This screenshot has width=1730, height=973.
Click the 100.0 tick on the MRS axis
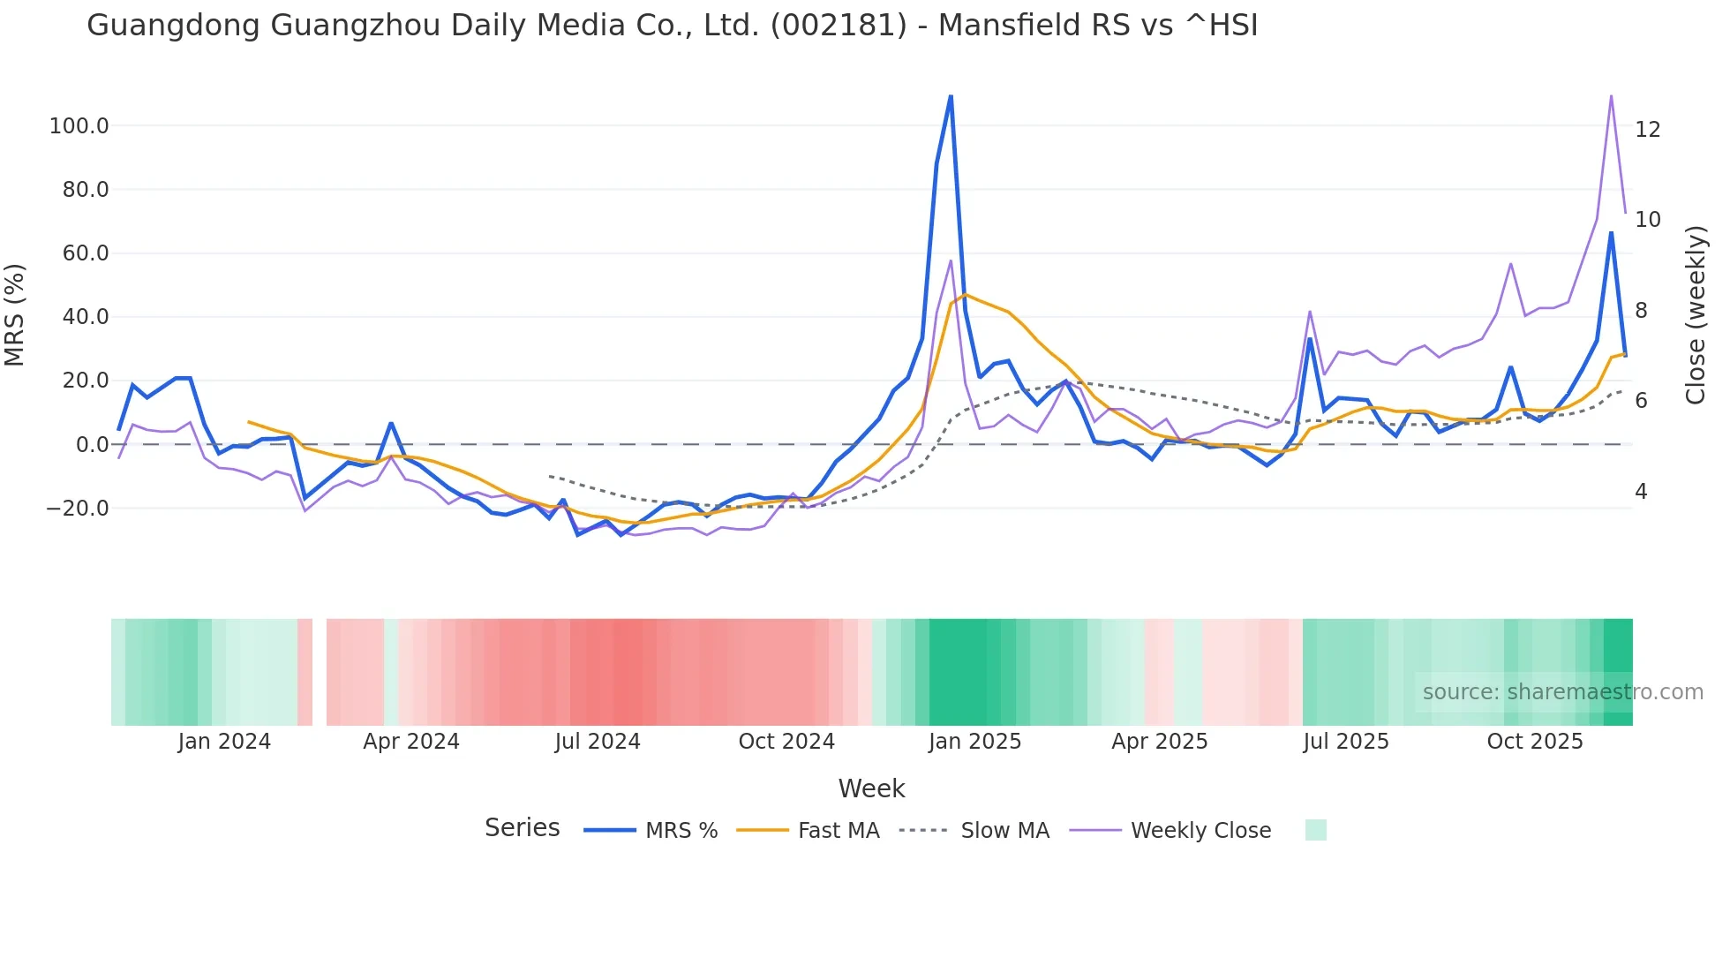pos(79,126)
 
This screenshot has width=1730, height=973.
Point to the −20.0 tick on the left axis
pos(78,509)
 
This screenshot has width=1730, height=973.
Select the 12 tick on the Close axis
pos(1647,130)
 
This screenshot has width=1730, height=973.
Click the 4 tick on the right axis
pos(1641,492)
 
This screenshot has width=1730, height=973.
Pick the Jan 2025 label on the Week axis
pos(974,742)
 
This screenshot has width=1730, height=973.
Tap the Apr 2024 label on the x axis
pos(411,742)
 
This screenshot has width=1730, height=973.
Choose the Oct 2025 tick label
pos(1535,742)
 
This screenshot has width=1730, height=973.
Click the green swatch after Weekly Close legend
pos(1315,830)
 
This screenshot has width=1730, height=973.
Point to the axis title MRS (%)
pos(14,315)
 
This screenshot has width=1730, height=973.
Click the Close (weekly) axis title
pos(1695,315)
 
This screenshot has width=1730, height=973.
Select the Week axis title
pos(871,788)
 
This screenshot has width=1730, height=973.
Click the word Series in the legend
pos(522,828)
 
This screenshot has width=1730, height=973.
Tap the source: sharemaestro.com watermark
pos(1562,692)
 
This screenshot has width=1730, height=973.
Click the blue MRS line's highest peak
pos(951,95)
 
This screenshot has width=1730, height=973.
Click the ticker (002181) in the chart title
pos(839,26)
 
